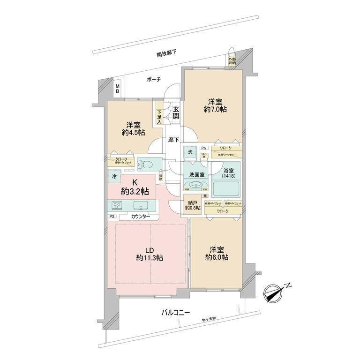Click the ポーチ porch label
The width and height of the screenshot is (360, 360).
point(153,80)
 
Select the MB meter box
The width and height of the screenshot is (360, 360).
point(118,88)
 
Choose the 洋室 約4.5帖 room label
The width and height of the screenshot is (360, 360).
point(134,128)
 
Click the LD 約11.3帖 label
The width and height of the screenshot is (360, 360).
point(150,254)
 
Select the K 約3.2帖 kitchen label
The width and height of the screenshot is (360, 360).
point(135,187)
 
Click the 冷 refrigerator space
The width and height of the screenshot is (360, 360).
point(115,176)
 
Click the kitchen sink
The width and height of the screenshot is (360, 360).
point(140,205)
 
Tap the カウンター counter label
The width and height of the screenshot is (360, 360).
point(141,217)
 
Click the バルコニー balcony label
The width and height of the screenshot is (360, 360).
point(176,312)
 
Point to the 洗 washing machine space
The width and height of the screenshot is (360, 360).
point(190,152)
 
